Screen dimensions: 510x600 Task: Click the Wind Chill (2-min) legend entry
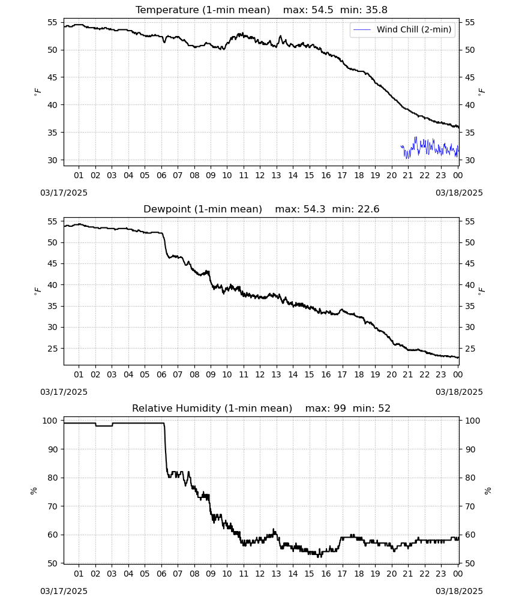click(403, 29)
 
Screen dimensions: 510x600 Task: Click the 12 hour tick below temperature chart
click(260, 175)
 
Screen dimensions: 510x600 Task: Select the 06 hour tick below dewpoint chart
click(161, 374)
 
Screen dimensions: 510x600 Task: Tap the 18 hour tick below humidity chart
click(358, 574)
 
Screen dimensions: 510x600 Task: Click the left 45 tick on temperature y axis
click(52, 77)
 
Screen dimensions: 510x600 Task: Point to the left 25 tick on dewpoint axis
click(52, 349)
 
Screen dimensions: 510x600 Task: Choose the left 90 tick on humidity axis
click(52, 449)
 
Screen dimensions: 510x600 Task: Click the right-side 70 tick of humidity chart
click(470, 506)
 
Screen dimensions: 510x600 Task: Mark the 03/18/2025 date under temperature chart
click(459, 193)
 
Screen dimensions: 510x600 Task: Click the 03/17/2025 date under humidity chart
click(64, 591)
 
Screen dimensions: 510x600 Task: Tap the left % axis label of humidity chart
click(34, 491)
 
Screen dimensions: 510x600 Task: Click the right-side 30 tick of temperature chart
click(470, 160)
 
